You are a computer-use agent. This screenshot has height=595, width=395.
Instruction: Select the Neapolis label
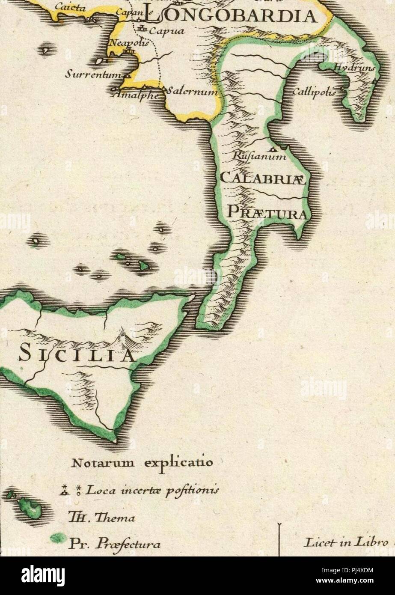click(129, 43)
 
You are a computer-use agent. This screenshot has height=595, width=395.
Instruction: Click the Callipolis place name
click(314, 92)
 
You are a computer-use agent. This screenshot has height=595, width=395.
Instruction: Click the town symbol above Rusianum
click(273, 149)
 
